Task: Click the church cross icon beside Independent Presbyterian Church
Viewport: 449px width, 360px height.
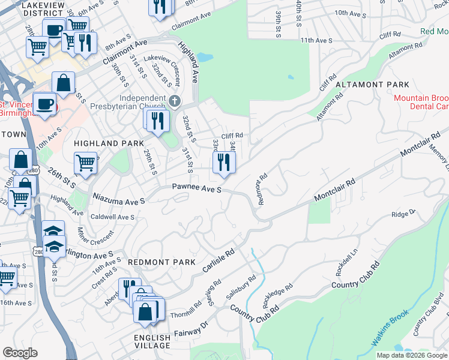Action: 175,100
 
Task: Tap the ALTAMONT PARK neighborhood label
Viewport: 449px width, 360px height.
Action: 372,85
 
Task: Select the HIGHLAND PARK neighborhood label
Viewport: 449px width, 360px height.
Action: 109,143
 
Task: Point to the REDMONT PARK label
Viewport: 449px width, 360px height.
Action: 161,262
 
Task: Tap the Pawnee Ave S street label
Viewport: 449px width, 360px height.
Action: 197,189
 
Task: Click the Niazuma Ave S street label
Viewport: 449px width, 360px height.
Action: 119,198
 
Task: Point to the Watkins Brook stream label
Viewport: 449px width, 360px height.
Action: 390,328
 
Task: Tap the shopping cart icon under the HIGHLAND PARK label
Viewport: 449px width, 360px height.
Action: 86,163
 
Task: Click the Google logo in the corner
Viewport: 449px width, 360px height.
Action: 20,353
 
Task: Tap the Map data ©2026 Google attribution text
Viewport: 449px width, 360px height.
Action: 411,355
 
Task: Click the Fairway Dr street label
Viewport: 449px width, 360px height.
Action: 191,328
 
